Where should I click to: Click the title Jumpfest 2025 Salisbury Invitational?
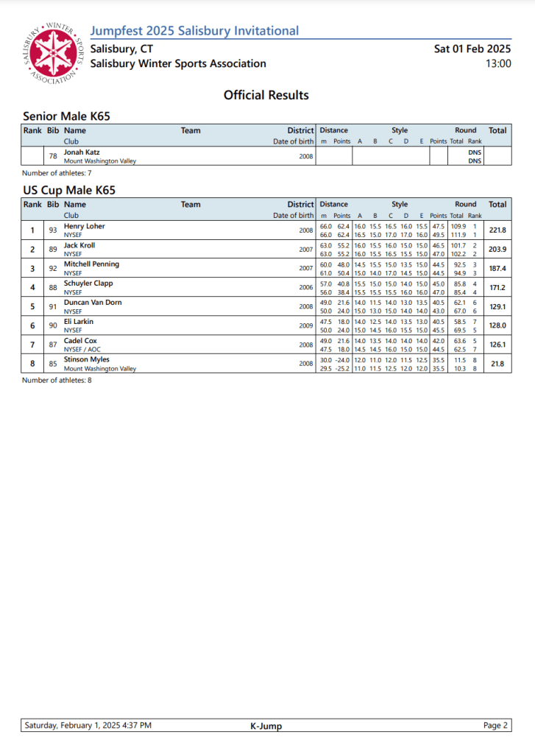194,31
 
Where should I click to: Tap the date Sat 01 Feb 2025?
472,49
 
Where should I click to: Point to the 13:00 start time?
498,63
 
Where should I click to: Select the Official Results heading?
266,95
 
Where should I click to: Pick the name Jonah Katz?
82,152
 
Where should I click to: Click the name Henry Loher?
85,226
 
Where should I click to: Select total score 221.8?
497,230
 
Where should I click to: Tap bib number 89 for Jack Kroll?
53,250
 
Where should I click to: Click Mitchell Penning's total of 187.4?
497,269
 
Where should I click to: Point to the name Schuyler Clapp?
88,283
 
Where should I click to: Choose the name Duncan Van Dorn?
93,303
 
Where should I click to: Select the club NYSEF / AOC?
82,349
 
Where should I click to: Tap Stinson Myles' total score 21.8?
497,364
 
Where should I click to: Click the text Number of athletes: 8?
57,380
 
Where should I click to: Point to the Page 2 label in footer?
495,725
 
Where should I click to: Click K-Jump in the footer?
266,726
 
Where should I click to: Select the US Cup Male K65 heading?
69,190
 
